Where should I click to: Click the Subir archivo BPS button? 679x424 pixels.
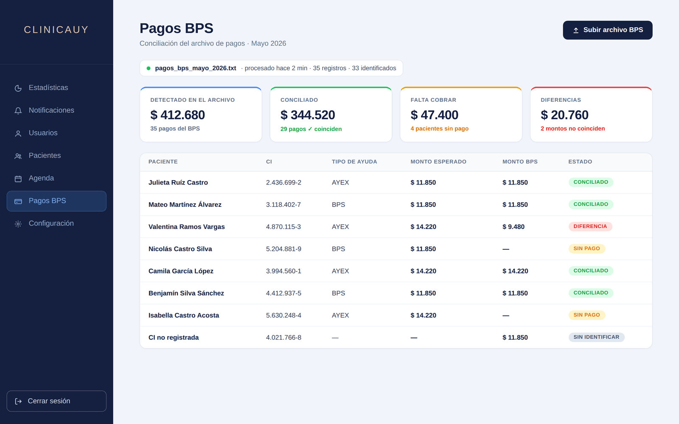coord(607,30)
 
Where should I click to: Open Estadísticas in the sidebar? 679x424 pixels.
coord(48,88)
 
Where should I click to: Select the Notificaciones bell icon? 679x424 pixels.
coord(18,111)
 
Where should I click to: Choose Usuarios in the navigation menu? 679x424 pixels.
coord(43,133)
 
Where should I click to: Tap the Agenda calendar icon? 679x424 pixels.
coord(18,179)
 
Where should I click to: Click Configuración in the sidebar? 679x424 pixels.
coord(51,223)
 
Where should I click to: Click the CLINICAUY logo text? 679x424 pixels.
coord(56,30)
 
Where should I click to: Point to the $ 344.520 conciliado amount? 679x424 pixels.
coord(308,115)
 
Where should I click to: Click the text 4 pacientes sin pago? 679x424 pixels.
coord(440,129)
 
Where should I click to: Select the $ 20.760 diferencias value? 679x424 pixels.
coord(565,115)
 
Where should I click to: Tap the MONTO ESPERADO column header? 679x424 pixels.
coord(438,162)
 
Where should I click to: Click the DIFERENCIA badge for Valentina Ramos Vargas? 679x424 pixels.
coord(590,226)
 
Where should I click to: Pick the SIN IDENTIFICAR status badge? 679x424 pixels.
coord(596,338)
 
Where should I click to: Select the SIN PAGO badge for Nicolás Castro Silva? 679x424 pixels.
coord(586,248)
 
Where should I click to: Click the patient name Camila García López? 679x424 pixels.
coord(181,271)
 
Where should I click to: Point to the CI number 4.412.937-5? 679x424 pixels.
coord(284,293)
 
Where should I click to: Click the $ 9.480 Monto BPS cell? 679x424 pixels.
coord(513,227)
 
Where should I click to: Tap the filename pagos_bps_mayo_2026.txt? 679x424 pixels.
coord(196,68)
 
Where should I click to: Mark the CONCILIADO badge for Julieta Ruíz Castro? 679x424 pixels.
coord(591,182)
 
